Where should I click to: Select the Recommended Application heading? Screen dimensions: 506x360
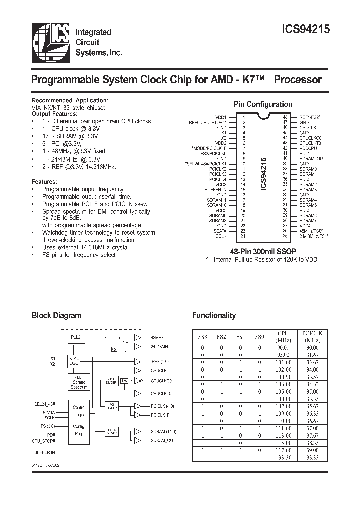[70, 100]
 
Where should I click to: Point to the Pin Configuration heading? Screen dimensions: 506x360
[263, 104]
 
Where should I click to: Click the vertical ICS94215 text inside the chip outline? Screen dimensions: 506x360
[264, 172]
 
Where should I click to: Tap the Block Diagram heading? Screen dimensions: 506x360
[56, 315]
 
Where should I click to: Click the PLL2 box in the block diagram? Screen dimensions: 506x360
[76, 338]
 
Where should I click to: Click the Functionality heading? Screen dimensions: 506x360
[214, 315]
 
